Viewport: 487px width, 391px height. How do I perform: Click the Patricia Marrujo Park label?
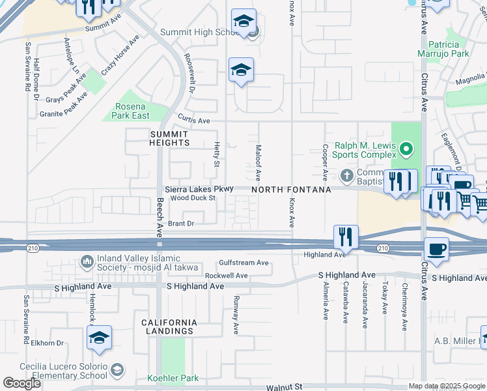tap(443, 48)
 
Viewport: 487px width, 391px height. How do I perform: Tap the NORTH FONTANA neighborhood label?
tap(291, 189)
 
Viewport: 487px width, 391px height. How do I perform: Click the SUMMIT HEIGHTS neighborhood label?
tap(160, 138)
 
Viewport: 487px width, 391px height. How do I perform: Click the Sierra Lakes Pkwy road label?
tap(199, 188)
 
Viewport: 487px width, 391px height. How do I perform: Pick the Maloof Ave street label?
tap(258, 162)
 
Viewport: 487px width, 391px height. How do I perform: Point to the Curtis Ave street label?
tap(194, 121)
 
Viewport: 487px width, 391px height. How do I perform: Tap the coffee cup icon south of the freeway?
tap(436, 249)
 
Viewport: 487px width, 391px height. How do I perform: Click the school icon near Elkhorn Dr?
tap(99, 338)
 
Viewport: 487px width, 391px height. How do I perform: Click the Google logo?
tap(22, 383)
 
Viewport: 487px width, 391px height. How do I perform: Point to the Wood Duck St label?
tap(193, 197)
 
